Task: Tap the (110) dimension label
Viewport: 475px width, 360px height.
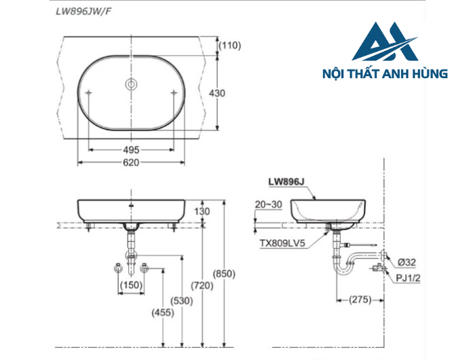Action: pyautogui.click(x=231, y=46)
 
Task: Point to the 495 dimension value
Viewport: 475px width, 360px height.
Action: pyautogui.click(x=131, y=149)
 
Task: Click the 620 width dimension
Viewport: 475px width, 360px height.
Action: pyautogui.click(x=131, y=162)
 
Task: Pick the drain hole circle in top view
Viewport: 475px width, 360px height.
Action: pyautogui.click(x=131, y=84)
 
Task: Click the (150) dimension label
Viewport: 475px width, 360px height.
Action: pyautogui.click(x=131, y=285)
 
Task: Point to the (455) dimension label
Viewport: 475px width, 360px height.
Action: pyautogui.click(x=164, y=313)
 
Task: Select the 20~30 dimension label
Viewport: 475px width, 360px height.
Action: pyautogui.click(x=268, y=204)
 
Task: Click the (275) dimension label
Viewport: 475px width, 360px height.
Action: pyautogui.click(x=360, y=300)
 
